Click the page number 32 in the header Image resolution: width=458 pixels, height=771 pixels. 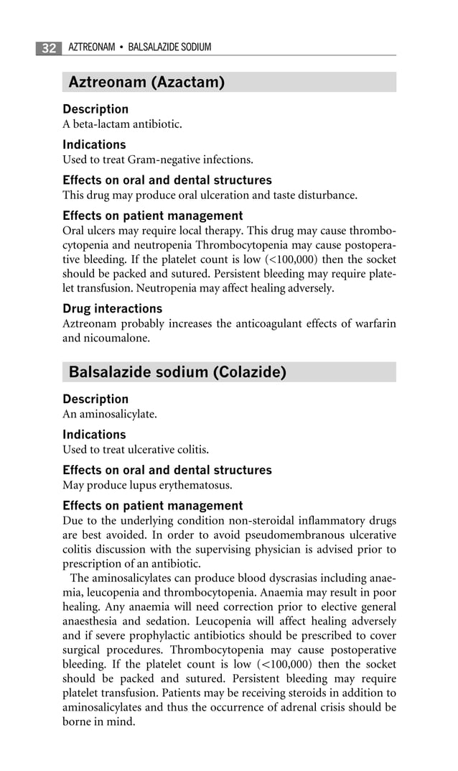click(x=49, y=48)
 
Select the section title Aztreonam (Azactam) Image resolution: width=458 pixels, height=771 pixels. click(x=146, y=83)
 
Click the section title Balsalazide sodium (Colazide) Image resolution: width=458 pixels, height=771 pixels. click(x=177, y=372)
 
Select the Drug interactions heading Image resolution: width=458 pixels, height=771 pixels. click(x=113, y=309)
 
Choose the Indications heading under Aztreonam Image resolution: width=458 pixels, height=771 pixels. click(x=94, y=144)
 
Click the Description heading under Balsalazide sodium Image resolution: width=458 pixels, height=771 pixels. click(x=95, y=399)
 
